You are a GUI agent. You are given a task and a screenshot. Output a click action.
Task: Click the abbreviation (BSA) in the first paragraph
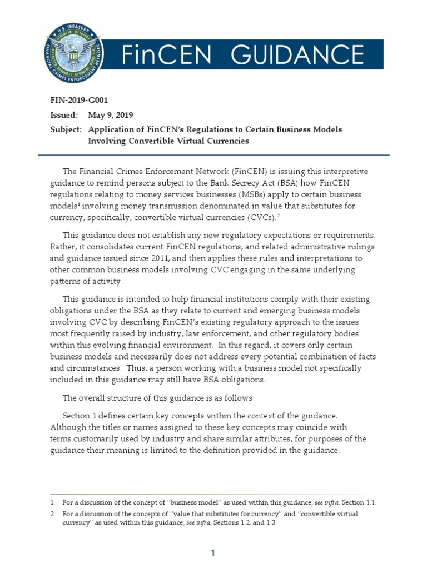point(275,183)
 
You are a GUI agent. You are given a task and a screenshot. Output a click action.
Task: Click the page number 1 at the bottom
point(213,552)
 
